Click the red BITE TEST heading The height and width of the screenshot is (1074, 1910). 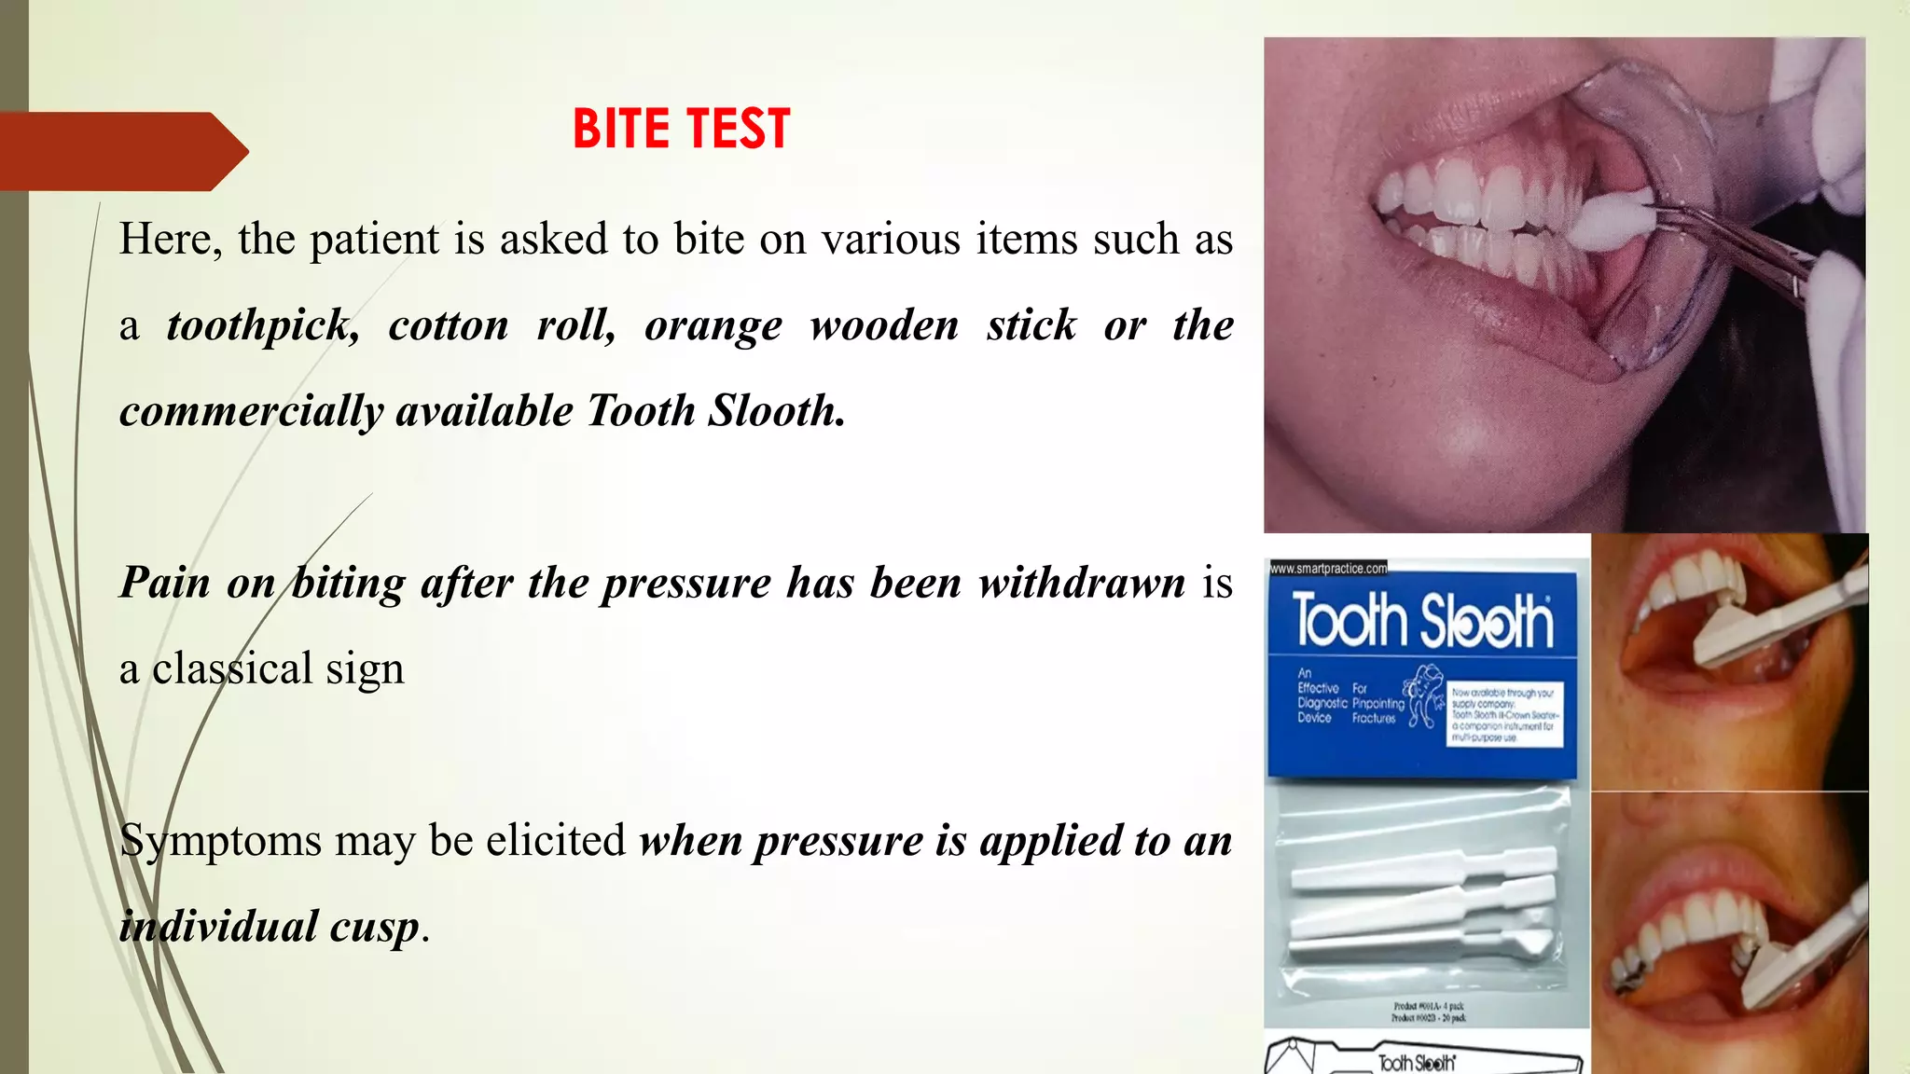[x=681, y=129]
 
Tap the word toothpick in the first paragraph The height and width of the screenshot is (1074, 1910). [x=262, y=325]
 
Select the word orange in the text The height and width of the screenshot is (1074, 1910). [x=713, y=325]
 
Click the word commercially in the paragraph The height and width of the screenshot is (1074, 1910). [x=251, y=411]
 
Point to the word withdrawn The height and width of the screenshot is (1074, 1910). [x=1081, y=583]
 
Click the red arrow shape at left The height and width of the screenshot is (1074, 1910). [x=121, y=151]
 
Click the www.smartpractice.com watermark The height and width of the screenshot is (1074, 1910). [x=1328, y=568]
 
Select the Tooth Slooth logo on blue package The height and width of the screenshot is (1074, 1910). [x=1422, y=621]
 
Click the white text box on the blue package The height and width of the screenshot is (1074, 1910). [x=1504, y=714]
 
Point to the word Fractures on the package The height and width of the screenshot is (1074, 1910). [x=1374, y=719]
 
